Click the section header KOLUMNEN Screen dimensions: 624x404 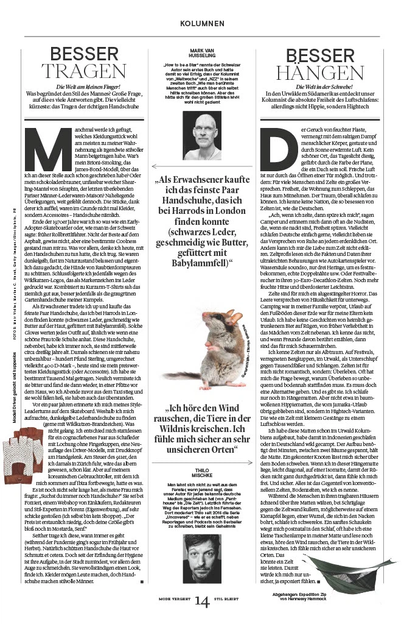click(x=202, y=23)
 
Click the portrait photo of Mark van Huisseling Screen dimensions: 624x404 click(x=202, y=131)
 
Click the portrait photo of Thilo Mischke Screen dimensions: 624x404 click(x=203, y=570)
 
